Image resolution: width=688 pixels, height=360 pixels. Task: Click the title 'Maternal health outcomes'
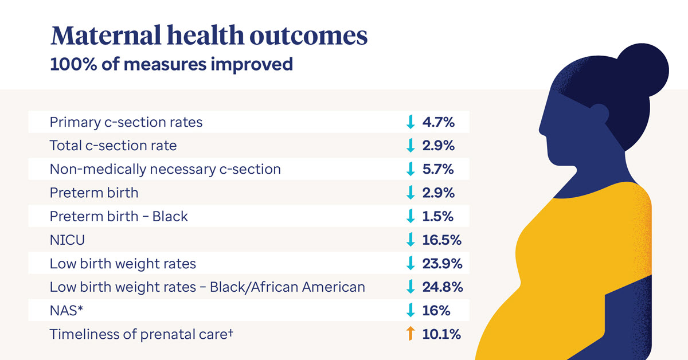(x=209, y=36)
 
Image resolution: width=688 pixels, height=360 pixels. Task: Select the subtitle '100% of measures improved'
(x=171, y=64)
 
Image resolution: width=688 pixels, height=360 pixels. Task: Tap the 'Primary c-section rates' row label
(x=126, y=122)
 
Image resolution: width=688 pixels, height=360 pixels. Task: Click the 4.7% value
(x=438, y=122)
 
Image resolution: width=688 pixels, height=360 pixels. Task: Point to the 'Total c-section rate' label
(x=113, y=146)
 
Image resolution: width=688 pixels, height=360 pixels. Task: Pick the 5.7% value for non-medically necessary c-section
(x=438, y=169)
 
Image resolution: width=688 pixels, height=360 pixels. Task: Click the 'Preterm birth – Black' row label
(x=119, y=216)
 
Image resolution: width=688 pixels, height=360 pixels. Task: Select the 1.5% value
(x=438, y=216)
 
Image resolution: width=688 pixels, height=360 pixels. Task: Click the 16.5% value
(x=441, y=240)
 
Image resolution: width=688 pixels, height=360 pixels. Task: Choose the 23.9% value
(x=441, y=264)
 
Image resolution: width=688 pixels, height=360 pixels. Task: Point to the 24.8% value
(x=441, y=287)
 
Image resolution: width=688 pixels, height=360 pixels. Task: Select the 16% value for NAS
(x=436, y=311)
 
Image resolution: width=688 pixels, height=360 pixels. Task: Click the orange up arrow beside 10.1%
(x=410, y=334)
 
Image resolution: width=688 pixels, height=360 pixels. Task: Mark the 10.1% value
(x=441, y=334)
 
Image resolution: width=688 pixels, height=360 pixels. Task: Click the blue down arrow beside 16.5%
(x=410, y=240)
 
